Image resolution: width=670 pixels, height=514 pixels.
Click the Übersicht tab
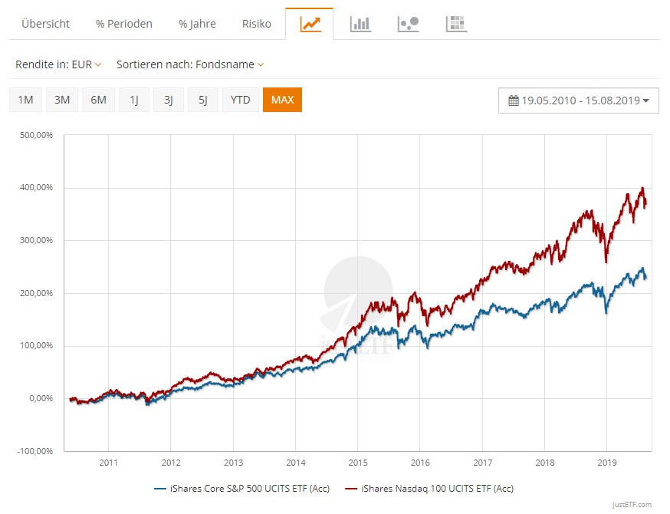[x=45, y=24]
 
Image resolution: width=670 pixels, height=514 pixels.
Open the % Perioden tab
[x=123, y=24]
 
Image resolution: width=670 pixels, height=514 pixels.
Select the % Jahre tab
[x=197, y=24]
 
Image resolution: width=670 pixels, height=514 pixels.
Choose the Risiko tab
[x=256, y=24]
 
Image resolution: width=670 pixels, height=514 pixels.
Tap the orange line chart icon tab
[x=310, y=24]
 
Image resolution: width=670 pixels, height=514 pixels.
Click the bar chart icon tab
[x=360, y=24]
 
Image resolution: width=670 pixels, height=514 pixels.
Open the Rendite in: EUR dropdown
[x=58, y=64]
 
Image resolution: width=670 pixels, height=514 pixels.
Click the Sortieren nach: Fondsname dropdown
[x=189, y=64]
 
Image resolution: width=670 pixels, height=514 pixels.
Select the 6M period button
[x=98, y=100]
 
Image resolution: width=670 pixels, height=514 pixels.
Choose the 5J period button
[x=202, y=100]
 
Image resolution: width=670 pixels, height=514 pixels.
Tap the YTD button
[x=240, y=100]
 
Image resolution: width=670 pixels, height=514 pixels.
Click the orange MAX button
[x=282, y=100]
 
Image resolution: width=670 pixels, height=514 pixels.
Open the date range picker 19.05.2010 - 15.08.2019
[x=579, y=100]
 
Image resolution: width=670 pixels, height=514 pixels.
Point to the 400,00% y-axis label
[x=36, y=187]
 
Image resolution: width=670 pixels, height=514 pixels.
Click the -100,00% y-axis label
[x=34, y=451]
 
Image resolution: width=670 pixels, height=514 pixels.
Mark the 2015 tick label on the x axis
[x=357, y=463]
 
